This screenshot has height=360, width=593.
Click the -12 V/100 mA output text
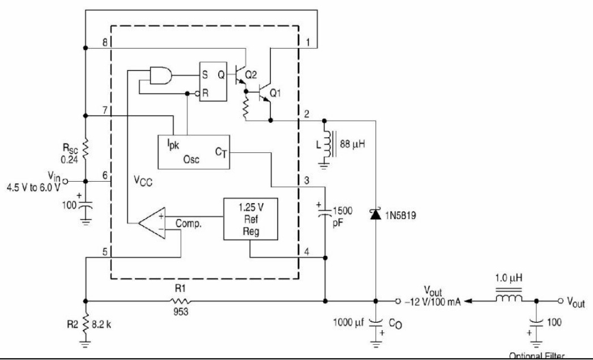pyautogui.click(x=432, y=301)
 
